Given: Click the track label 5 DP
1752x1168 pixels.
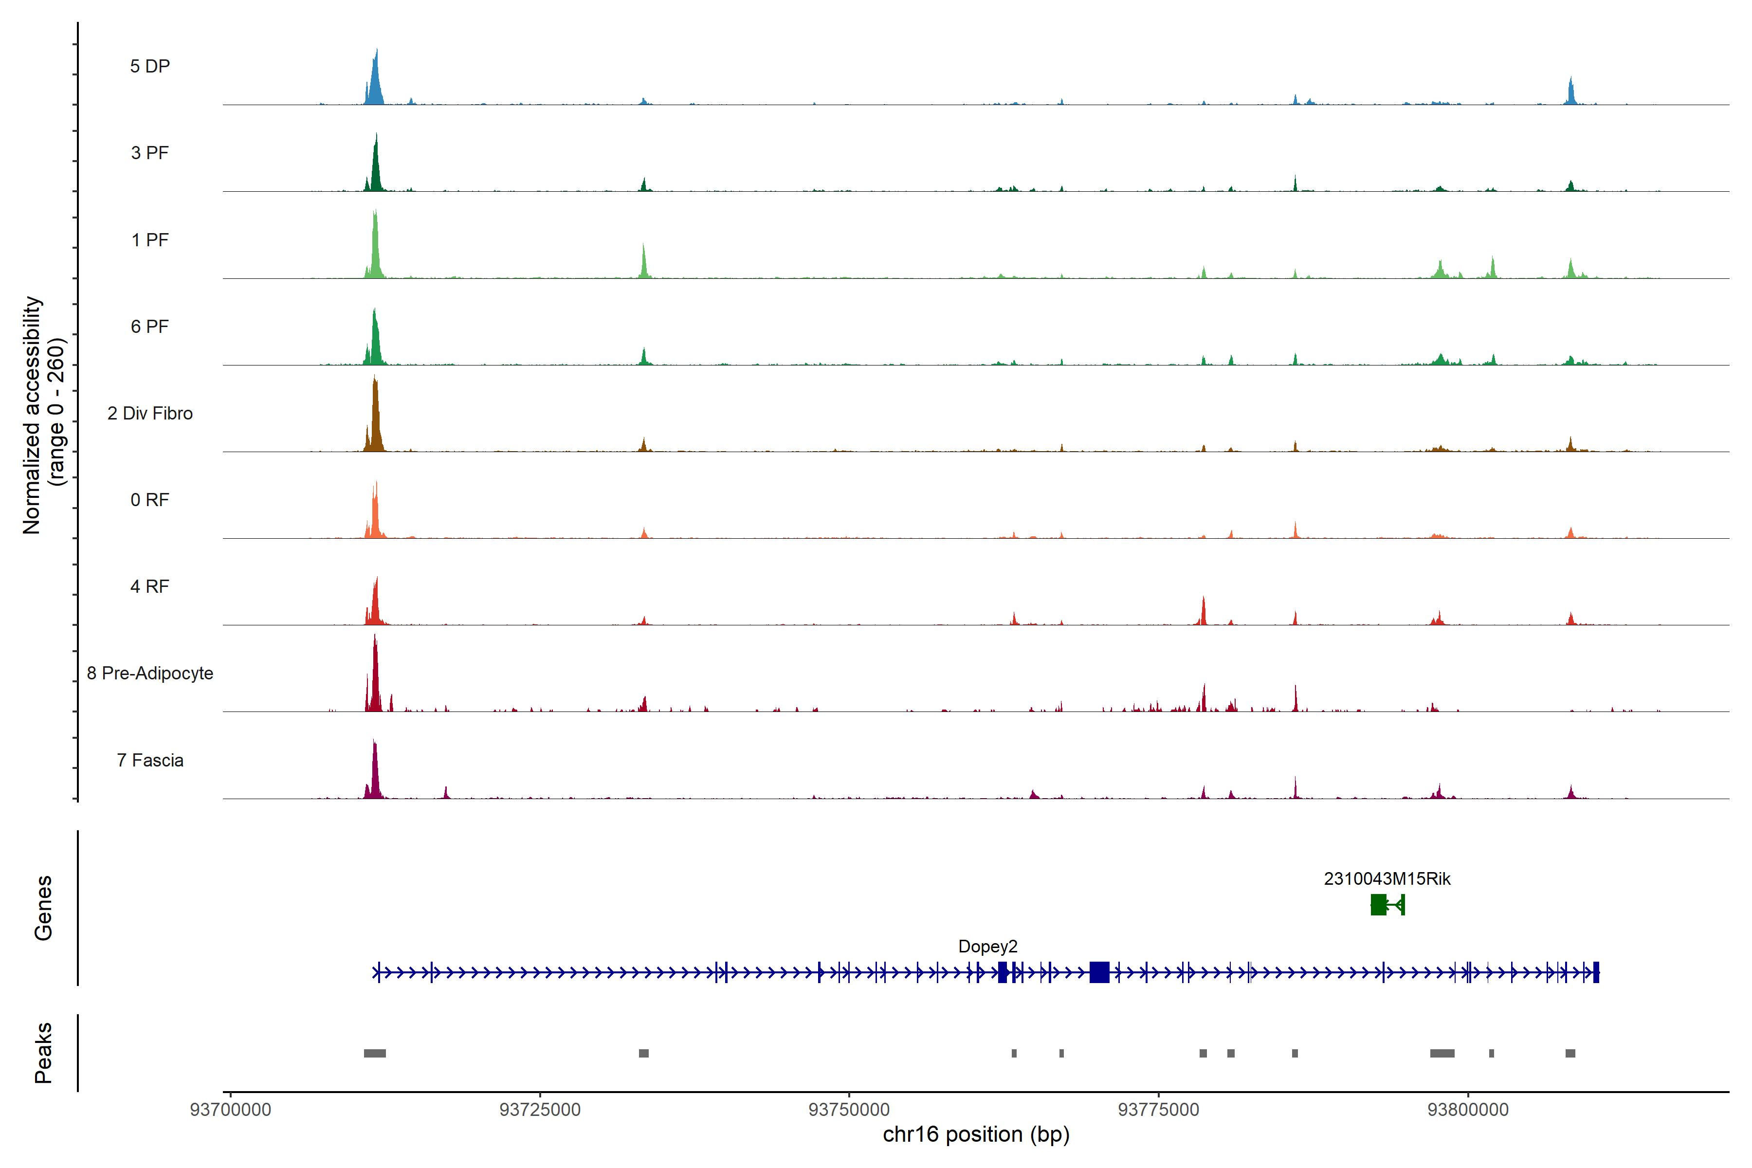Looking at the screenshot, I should [x=150, y=66].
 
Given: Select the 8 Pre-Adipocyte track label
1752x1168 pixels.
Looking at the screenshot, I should [x=150, y=674].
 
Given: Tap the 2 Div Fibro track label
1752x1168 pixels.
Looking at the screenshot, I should [x=150, y=413].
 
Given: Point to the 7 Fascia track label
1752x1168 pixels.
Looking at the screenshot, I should [x=150, y=761].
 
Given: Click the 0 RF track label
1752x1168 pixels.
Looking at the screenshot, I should [x=150, y=500].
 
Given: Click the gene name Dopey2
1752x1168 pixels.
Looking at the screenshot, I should [x=987, y=947].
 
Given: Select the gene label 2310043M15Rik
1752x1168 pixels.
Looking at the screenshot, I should [x=1386, y=879].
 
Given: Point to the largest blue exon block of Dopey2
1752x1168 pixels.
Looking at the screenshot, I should [x=1099, y=972].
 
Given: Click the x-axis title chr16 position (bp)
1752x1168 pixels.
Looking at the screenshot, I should [x=976, y=1134].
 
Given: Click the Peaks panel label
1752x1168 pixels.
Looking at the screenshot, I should [x=43, y=1053].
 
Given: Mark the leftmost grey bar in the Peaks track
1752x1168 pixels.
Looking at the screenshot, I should [x=375, y=1053].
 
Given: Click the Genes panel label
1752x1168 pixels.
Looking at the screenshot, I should [x=43, y=908].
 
